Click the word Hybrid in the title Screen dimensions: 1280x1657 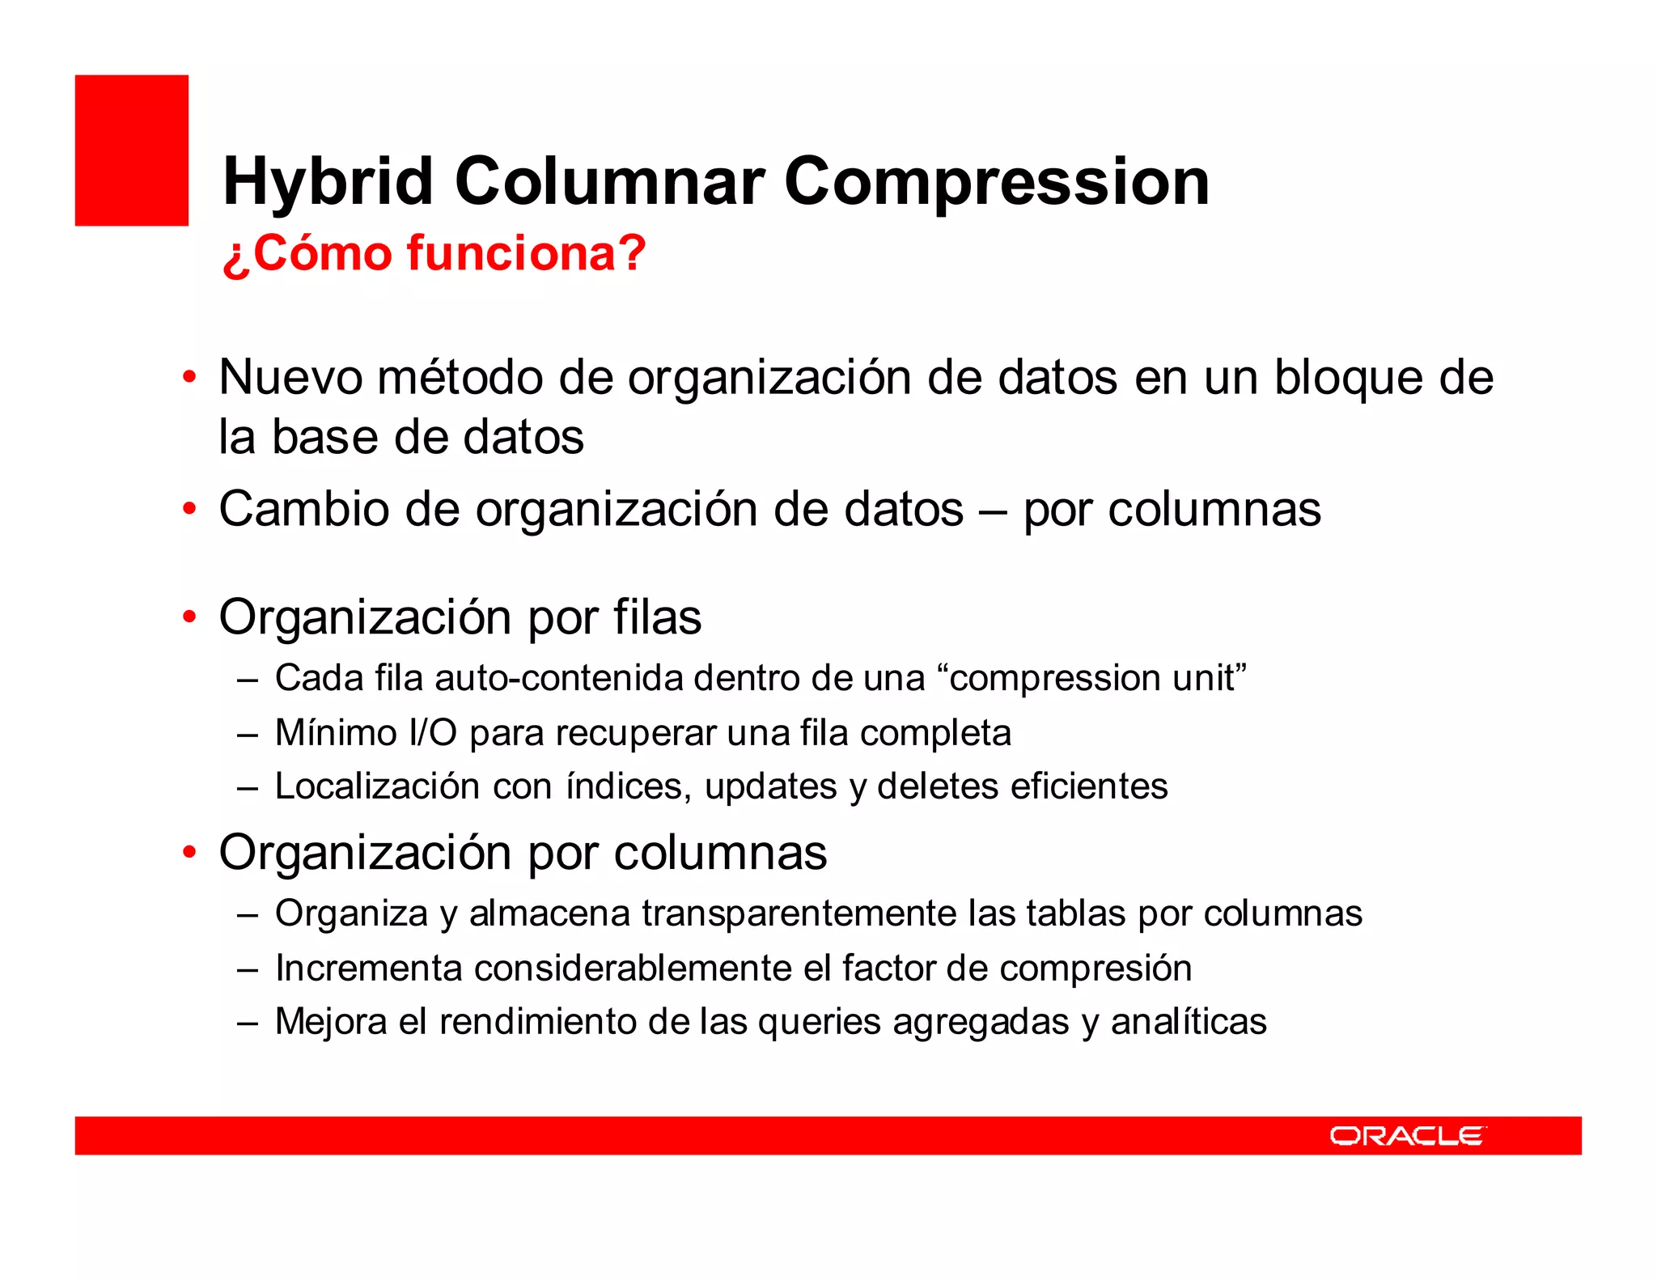(x=328, y=182)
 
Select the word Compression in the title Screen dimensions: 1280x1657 (x=996, y=182)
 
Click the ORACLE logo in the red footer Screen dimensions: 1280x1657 (x=1407, y=1136)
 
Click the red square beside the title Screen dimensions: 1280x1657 (x=132, y=150)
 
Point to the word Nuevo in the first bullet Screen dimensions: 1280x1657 (x=290, y=378)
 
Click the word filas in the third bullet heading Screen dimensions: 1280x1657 (x=656, y=617)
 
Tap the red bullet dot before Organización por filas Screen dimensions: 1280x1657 (x=189, y=617)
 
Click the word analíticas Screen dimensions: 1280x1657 (x=1188, y=1022)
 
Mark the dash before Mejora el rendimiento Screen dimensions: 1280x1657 (x=248, y=1022)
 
